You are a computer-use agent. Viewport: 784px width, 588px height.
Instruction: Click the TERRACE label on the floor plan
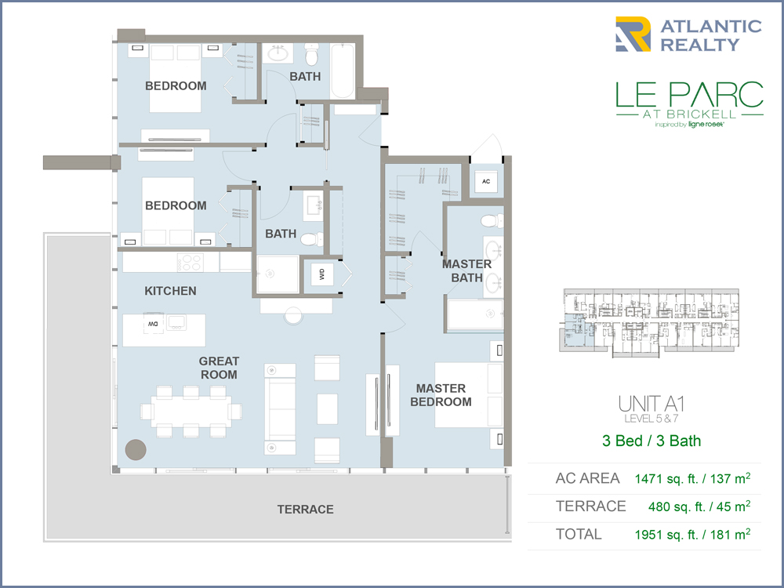coord(306,510)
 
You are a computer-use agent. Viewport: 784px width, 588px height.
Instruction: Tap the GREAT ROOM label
coord(219,368)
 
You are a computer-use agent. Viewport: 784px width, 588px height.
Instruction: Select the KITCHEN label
coord(170,291)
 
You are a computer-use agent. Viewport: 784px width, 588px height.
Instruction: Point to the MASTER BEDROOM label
coord(441,395)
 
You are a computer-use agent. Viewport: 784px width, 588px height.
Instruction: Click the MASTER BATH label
coord(466,271)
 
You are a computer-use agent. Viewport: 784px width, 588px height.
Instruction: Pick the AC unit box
coord(486,182)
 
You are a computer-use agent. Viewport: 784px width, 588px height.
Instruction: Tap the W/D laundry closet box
coord(322,274)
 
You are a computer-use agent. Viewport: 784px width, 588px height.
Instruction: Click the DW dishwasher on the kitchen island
coord(153,324)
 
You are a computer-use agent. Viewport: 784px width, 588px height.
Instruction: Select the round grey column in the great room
coord(136,449)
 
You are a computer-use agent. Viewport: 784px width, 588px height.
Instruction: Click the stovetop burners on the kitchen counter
coord(190,262)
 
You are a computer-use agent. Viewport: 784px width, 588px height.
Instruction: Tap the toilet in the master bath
coord(492,220)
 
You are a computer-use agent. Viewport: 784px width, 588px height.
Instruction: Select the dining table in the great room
coord(191,412)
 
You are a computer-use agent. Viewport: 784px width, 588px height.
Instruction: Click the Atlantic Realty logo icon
coord(633,34)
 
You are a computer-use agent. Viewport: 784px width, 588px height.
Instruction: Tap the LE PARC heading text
coord(689,95)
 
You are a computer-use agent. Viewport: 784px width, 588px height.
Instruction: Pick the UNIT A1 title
coord(652,404)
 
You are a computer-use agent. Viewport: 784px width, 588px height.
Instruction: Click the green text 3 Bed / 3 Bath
coord(652,441)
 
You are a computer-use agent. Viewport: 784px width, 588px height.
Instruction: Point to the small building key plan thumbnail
coord(649,322)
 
